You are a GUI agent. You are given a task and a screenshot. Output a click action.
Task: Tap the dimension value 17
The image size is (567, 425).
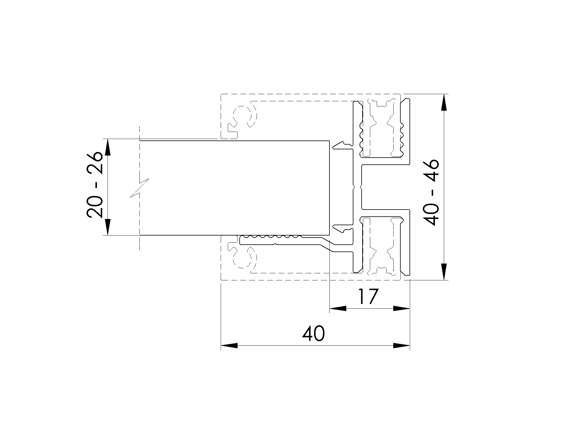pos(368,297)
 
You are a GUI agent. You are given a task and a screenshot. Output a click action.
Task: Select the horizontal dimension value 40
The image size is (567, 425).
pos(313,334)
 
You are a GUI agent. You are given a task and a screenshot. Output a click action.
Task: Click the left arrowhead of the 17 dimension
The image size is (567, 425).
pos(338,308)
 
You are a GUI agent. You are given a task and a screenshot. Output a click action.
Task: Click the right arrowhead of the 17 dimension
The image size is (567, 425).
pos(402,308)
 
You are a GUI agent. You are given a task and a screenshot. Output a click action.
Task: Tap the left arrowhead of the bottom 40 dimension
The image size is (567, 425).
pos(229,346)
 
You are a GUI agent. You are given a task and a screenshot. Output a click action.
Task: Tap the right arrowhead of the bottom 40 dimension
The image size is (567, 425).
pos(402,346)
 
